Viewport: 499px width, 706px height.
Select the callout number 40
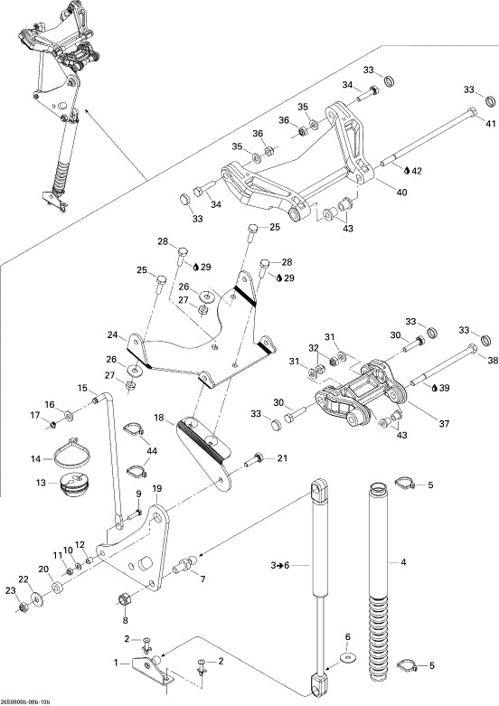[401, 193]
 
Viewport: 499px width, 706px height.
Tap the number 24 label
[113, 335]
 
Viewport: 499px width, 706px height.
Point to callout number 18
[159, 417]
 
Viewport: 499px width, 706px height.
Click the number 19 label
[156, 488]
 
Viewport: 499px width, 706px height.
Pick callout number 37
[444, 424]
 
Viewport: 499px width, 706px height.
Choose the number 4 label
[403, 562]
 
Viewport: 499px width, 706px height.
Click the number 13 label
[41, 483]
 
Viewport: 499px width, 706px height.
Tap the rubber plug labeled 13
[73, 485]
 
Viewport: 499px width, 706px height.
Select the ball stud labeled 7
[185, 565]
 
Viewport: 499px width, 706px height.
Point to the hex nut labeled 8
[125, 599]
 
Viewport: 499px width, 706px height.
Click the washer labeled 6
[347, 656]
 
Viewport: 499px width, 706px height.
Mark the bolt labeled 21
[255, 461]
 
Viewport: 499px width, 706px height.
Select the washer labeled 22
[37, 599]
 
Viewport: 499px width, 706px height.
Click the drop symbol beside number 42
[407, 171]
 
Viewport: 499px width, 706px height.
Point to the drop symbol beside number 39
[434, 388]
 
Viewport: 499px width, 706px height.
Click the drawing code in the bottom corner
[25, 702]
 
